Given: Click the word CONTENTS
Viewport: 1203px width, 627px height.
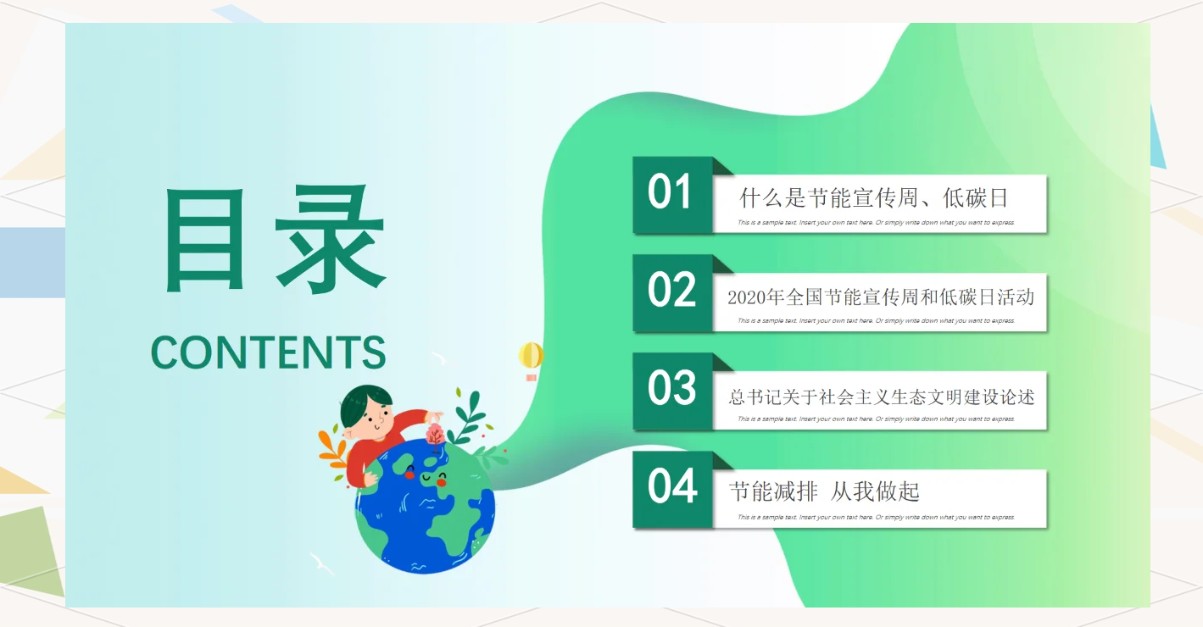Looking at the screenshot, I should click(x=268, y=352).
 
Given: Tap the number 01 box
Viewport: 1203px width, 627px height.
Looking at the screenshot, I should click(x=671, y=193).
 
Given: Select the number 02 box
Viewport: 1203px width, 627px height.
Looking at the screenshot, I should click(x=671, y=291).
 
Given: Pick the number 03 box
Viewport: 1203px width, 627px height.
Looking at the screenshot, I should click(x=671, y=390).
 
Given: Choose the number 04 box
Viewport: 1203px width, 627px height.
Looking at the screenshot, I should click(x=671, y=488).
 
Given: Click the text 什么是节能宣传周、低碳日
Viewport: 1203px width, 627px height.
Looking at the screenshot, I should click(x=874, y=199).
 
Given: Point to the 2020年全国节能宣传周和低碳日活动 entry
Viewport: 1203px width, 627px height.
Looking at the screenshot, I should click(x=880, y=297).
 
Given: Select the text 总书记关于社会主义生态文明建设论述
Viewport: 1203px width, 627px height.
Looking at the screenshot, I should click(x=881, y=397).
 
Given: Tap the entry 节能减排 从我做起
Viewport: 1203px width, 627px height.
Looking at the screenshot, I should click(x=824, y=491).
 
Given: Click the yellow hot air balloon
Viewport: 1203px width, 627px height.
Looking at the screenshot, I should click(x=531, y=356).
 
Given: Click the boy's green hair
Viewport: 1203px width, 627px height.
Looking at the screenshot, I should click(x=365, y=402).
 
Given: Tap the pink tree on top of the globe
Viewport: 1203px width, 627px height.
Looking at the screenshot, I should click(x=435, y=435).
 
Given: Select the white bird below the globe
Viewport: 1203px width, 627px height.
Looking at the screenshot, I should click(x=321, y=563).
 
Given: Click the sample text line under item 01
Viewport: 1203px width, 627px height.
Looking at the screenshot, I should click(x=876, y=223).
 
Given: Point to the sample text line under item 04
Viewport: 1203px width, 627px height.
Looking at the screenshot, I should click(x=876, y=517).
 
